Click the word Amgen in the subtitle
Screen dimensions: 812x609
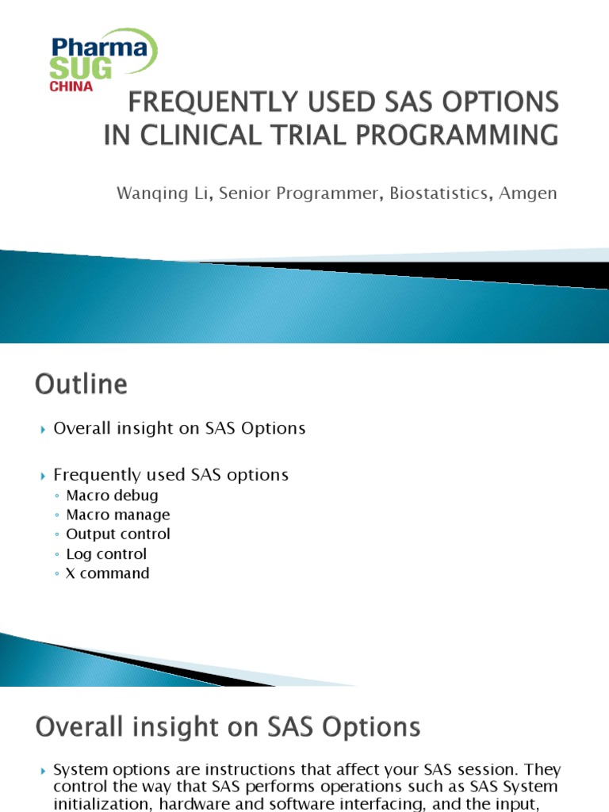coord(528,193)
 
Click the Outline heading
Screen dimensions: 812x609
coord(81,385)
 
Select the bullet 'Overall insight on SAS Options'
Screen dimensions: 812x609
coord(179,428)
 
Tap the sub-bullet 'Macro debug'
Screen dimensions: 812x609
coord(112,496)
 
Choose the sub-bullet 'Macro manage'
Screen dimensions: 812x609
coord(118,515)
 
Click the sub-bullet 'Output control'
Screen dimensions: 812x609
coord(118,534)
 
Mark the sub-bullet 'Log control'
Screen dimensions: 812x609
coord(106,553)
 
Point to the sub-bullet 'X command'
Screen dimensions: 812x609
coord(108,573)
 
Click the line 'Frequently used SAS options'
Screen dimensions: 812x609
coord(170,475)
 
